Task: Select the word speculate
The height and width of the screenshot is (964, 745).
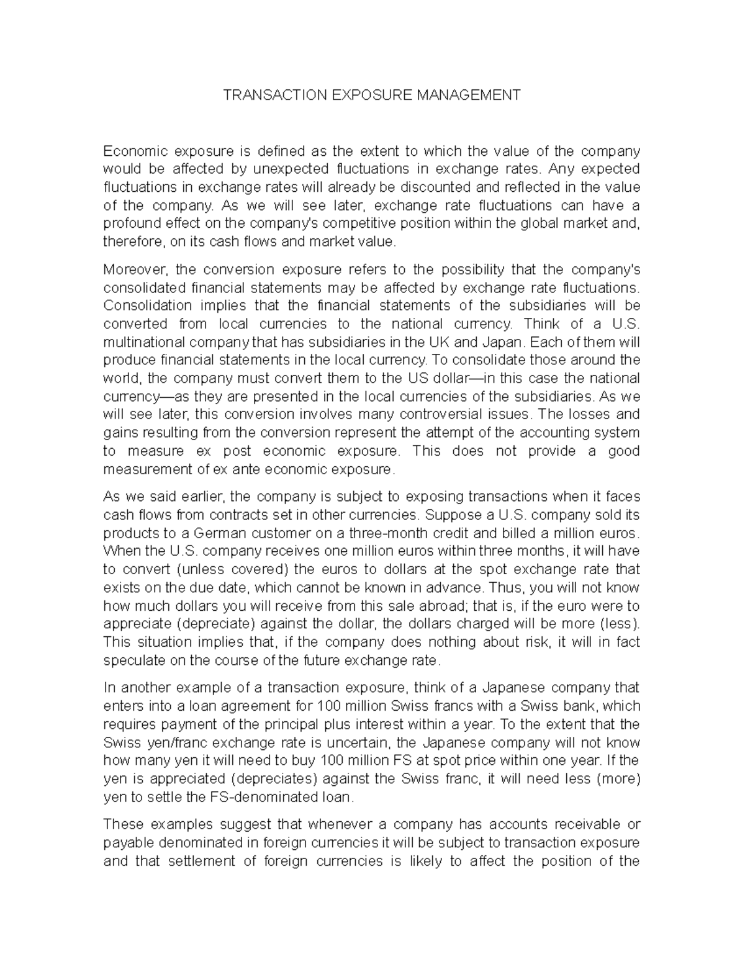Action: tap(134, 660)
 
